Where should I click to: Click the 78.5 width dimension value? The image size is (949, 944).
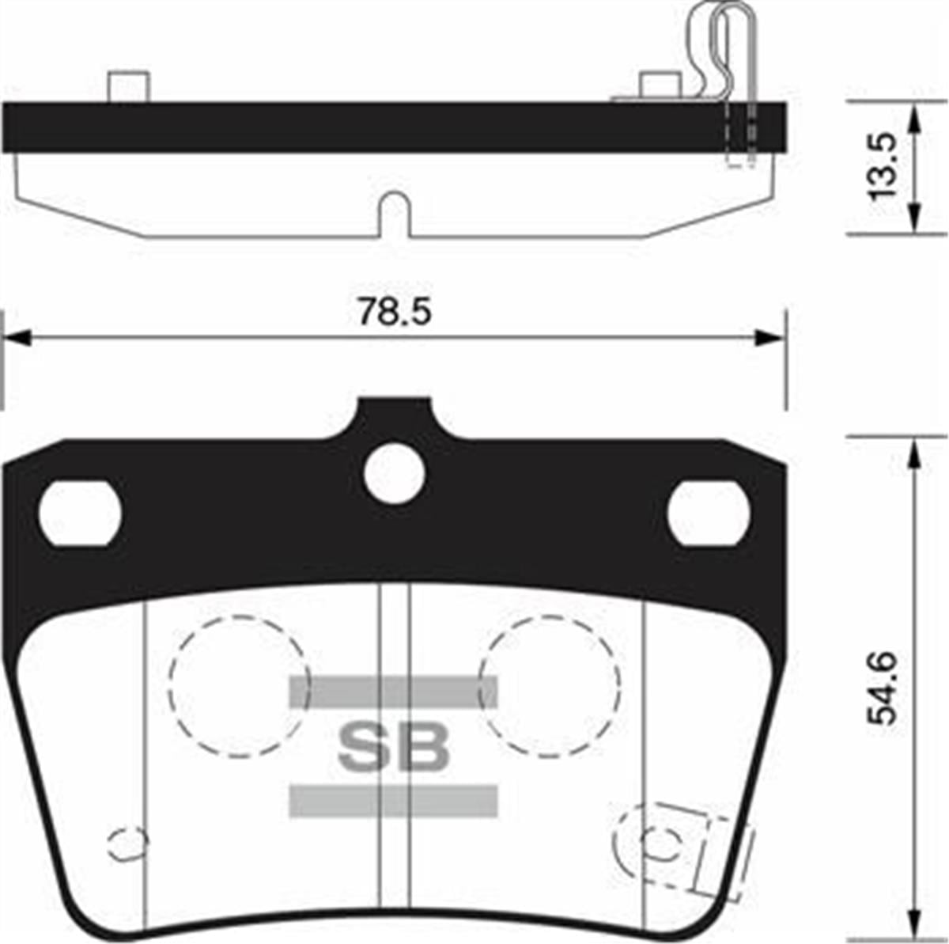394,313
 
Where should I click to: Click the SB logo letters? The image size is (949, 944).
394,747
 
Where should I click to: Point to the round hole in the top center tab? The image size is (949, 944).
395,472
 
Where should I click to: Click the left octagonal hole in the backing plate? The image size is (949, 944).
80,513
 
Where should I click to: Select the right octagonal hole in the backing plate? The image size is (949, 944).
708,513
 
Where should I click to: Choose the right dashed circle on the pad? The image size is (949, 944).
551,686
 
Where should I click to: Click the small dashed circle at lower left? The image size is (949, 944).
127,845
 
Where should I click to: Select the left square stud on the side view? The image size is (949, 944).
128,86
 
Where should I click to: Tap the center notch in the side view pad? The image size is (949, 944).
394,218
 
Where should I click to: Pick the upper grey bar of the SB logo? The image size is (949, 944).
394,692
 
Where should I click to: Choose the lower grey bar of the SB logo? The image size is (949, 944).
394,800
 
